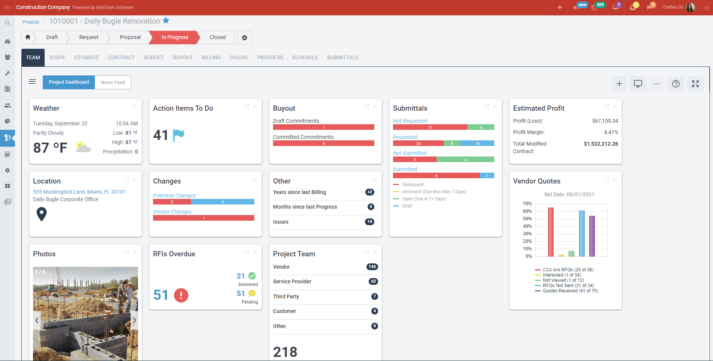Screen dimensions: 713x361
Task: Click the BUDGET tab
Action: pyautogui.click(x=154, y=57)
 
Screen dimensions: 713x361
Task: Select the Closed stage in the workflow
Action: pyautogui.click(x=218, y=37)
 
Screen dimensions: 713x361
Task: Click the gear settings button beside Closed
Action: pyautogui.click(x=245, y=38)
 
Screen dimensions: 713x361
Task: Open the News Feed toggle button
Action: pyautogui.click(x=113, y=82)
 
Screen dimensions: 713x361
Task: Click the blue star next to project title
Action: pyautogui.click(x=166, y=21)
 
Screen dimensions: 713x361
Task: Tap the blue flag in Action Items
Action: pyautogui.click(x=178, y=135)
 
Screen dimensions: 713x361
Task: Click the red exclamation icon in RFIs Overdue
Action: pyautogui.click(x=181, y=295)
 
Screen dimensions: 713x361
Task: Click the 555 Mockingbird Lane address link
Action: pyautogui.click(x=79, y=192)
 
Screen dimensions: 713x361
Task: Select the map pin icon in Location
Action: pyautogui.click(x=42, y=214)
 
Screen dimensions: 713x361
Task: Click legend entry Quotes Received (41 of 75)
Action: pyautogui.click(x=570, y=291)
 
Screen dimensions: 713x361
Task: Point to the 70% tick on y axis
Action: pyautogui.click(x=527, y=204)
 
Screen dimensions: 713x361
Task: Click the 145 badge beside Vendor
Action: pyautogui.click(x=372, y=267)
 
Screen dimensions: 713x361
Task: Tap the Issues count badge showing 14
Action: pyautogui.click(x=369, y=222)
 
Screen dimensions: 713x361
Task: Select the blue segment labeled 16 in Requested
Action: pyautogui.click(x=477, y=143)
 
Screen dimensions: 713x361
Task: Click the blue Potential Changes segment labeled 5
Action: pyautogui.click(x=222, y=202)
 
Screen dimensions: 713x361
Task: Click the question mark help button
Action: pyautogui.click(x=675, y=84)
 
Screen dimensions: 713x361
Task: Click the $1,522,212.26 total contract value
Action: pyautogui.click(x=600, y=144)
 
